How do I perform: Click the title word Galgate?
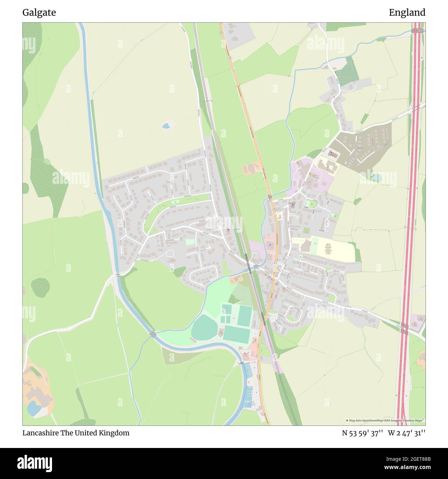[39, 13]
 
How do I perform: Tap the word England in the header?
[407, 13]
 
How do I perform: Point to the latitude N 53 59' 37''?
[363, 433]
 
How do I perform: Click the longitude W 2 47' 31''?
[407, 433]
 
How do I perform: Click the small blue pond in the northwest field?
[166, 125]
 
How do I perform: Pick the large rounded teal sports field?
[204, 327]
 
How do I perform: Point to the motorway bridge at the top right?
[418, 31]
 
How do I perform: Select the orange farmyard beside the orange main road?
[251, 169]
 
